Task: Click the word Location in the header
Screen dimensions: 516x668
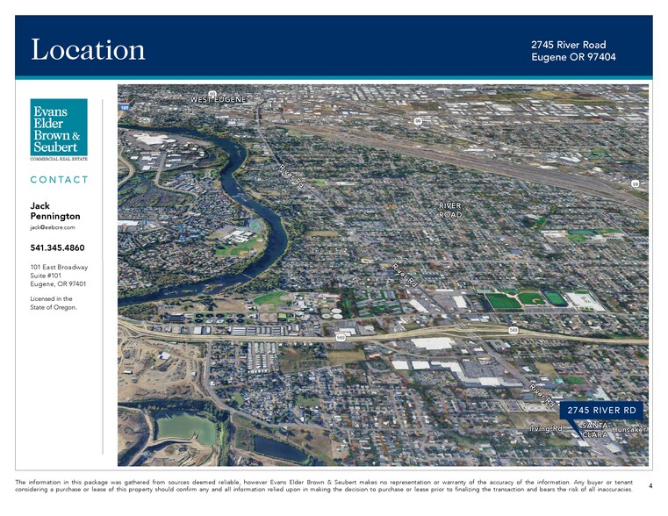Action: tap(88, 50)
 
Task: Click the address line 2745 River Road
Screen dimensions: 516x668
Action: tap(568, 45)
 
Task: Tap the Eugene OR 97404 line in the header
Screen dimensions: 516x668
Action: tap(573, 57)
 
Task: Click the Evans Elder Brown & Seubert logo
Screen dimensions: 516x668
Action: tap(59, 129)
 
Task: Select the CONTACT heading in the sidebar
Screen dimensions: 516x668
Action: tap(59, 180)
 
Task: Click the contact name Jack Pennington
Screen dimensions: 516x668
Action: tap(54, 211)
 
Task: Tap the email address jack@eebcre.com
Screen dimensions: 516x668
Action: tap(53, 227)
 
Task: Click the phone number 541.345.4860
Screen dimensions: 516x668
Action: tap(57, 247)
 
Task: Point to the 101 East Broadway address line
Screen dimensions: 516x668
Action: tap(59, 267)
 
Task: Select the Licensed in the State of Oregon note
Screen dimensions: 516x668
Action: tap(52, 303)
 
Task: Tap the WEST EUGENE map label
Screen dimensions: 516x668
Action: tap(219, 99)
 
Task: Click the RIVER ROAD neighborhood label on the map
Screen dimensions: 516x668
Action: tap(449, 210)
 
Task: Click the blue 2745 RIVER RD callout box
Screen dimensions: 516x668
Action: tap(601, 410)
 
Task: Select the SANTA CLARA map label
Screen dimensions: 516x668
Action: tap(595, 430)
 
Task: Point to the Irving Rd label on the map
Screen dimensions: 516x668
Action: tap(545, 428)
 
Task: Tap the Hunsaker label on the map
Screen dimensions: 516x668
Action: tap(630, 429)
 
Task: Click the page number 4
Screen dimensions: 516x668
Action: tap(650, 485)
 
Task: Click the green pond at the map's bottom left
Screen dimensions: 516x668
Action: tap(185, 428)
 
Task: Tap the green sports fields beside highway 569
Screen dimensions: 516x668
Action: tap(525, 300)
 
